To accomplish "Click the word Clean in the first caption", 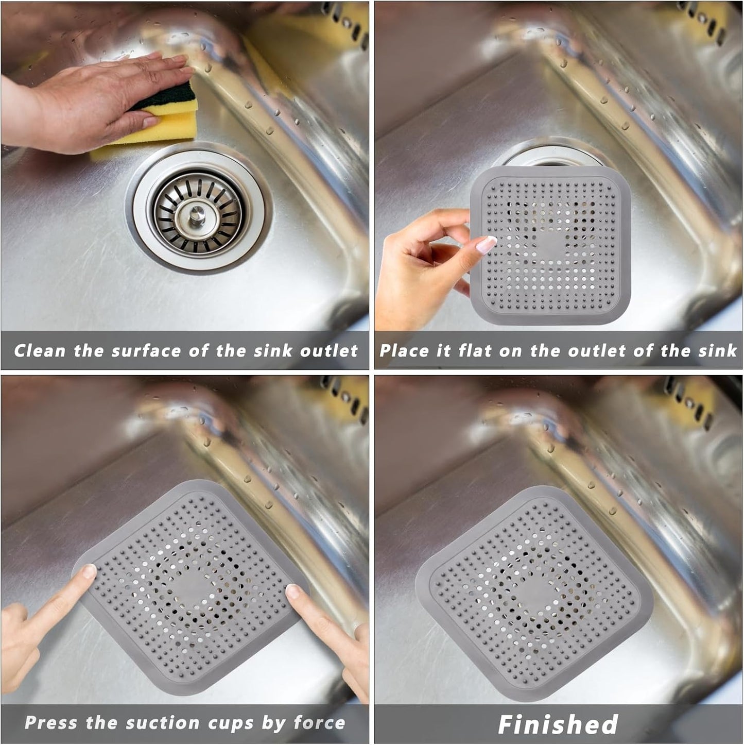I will tap(40, 351).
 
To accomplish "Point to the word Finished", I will tap(558, 724).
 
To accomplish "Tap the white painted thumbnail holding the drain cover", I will tap(486, 244).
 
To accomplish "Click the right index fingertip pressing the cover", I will tap(292, 592).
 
